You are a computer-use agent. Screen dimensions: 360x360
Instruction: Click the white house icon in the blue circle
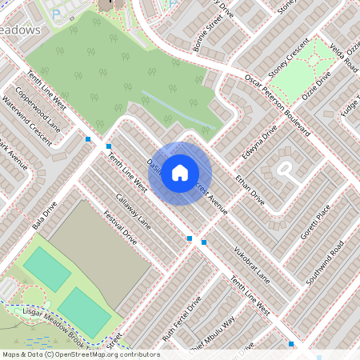click(180, 172)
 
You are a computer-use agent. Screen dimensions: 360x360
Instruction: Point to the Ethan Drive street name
click(250, 186)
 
